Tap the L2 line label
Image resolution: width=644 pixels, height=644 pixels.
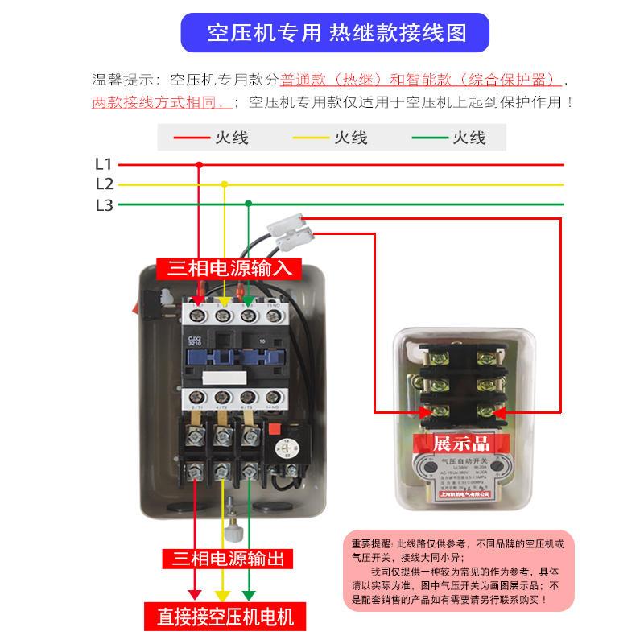point(104,184)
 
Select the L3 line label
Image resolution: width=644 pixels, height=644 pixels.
point(104,204)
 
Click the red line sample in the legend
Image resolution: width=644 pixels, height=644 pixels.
point(191,138)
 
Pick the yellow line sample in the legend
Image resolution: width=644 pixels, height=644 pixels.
point(312,138)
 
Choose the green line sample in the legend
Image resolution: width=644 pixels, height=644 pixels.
point(431,138)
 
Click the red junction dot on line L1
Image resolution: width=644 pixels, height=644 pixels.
point(200,164)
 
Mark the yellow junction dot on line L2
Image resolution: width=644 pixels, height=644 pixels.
point(225,184)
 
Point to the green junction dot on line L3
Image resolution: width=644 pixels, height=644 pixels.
point(249,204)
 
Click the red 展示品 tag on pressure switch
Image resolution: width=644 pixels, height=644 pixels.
point(461,443)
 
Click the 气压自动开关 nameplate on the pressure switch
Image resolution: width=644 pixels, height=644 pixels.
point(461,477)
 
